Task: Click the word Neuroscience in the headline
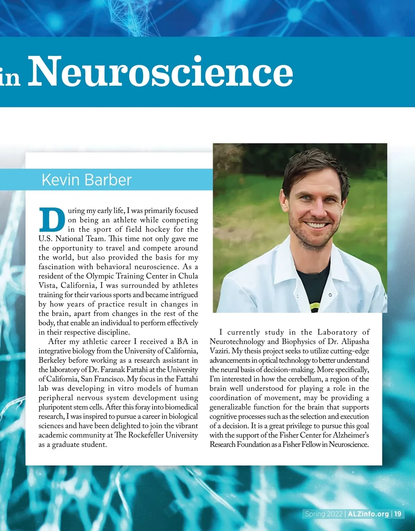coord(160,72)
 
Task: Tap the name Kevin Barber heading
coord(86,180)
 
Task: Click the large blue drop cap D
coord(52,220)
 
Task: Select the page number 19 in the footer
coord(398,514)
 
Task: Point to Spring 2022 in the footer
coord(324,514)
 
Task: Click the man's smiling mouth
coord(317,225)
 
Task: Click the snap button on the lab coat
coord(330,295)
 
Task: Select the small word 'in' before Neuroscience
coord(10,78)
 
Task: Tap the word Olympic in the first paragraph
coord(100,276)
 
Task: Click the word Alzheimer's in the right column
coord(351,435)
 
